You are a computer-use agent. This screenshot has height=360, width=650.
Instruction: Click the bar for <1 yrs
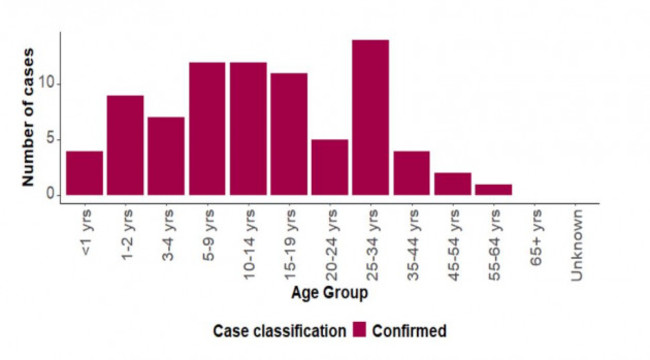[85, 173]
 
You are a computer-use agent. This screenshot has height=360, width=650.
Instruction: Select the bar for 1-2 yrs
[126, 145]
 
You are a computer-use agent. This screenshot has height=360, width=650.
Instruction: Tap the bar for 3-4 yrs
[167, 156]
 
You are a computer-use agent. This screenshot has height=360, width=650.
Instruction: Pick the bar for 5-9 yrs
[208, 128]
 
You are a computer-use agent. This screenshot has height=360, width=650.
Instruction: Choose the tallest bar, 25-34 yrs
[370, 117]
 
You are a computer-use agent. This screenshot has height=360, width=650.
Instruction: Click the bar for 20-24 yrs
[329, 167]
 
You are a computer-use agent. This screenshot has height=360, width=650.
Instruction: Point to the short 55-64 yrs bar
[492, 189]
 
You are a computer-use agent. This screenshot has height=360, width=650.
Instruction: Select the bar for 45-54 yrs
[451, 184]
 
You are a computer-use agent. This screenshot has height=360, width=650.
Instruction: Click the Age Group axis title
[329, 293]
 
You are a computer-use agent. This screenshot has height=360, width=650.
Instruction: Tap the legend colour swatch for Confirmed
[360, 329]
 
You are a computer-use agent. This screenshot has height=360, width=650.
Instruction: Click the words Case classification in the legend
[279, 329]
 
